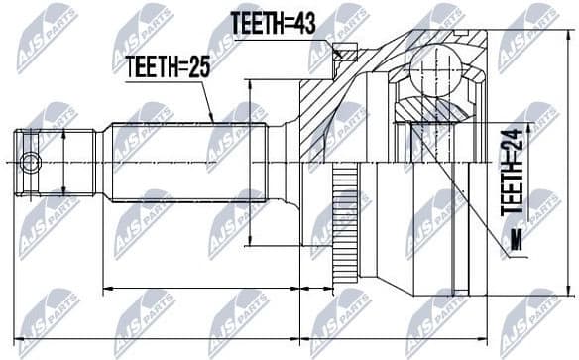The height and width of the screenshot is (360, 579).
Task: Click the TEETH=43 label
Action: (273, 23)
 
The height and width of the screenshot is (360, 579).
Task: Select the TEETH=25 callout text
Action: (167, 66)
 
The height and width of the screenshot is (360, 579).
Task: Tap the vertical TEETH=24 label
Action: (512, 176)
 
